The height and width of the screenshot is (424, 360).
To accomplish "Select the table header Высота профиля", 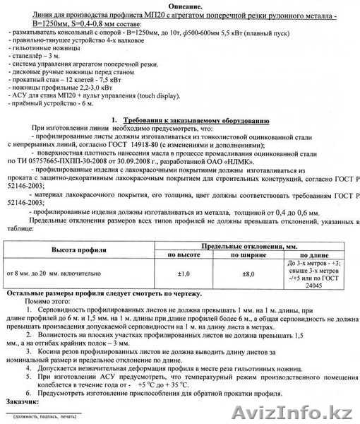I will coord(78,249).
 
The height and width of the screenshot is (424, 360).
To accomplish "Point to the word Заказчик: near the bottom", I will coord(23,401).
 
